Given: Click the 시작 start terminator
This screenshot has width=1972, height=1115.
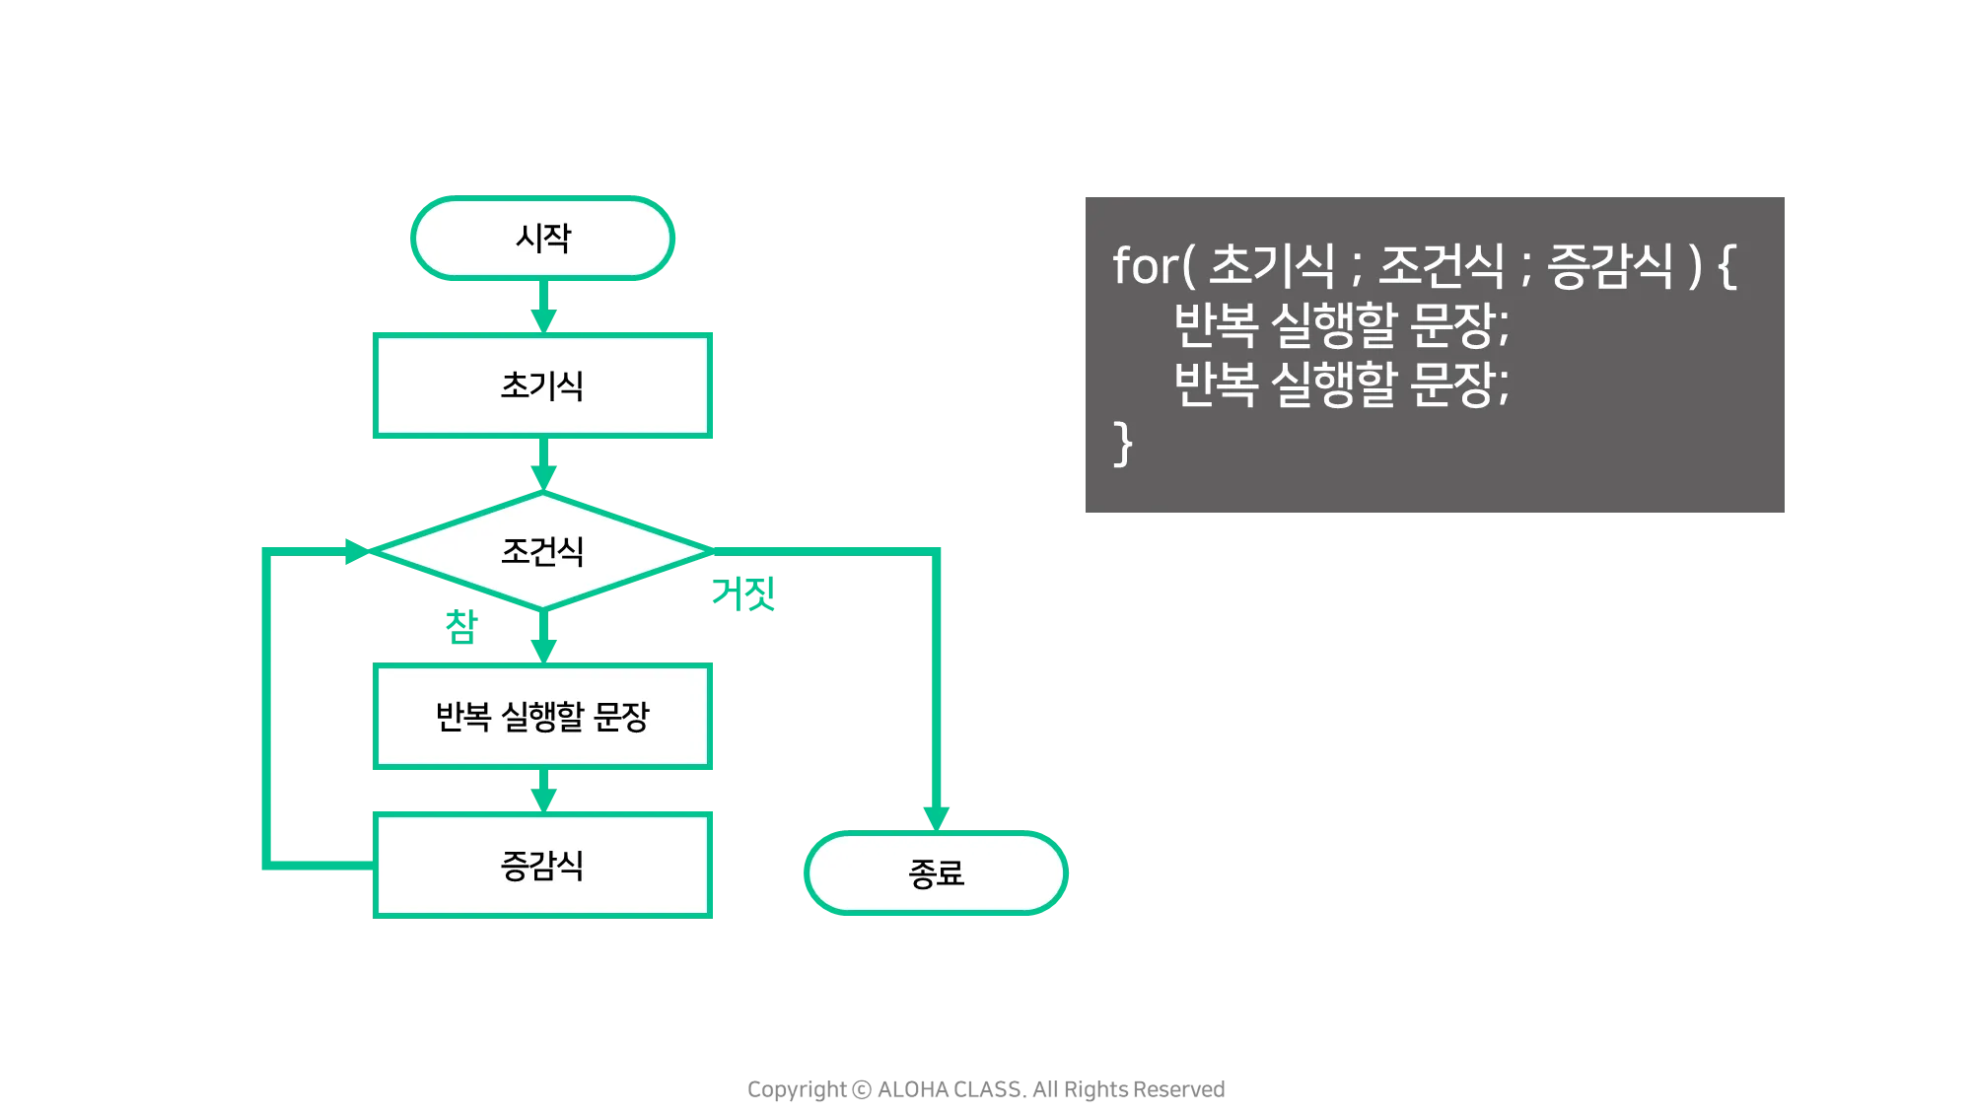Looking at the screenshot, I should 543,239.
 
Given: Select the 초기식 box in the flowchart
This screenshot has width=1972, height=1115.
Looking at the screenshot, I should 543,385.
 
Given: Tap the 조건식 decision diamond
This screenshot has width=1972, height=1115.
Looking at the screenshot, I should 543,550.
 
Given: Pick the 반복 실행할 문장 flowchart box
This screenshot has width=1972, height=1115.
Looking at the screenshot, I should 543,717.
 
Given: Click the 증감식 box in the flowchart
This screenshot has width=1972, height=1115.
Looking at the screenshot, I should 543,865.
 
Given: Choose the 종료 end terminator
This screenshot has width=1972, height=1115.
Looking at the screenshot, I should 936,873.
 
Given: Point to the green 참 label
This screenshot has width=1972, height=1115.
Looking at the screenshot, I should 460,626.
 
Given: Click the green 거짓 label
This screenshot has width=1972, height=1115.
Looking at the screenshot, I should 744,594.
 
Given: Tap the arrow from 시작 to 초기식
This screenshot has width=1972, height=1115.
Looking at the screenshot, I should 543,310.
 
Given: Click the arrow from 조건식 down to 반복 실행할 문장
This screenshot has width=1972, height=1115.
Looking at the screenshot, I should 543,640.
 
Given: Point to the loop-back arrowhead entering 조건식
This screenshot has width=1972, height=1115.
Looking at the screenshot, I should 354,550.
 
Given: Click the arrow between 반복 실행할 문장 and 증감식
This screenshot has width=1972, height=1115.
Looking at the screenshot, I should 543,792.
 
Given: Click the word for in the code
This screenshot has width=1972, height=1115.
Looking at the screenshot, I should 1145,266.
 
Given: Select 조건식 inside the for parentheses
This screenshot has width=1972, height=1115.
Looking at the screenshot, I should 1441,266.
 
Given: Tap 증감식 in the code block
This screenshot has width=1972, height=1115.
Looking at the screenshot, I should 1610,266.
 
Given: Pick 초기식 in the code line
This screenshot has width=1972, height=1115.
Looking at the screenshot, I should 1271,266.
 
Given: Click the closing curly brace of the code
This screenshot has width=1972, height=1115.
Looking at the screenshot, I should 1123,444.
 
